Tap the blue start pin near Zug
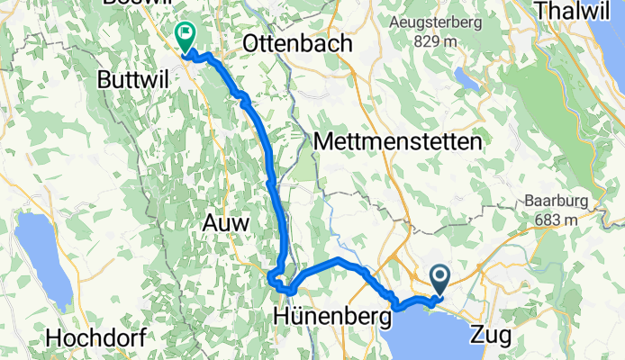pyautogui.click(x=440, y=279)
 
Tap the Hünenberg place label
pyautogui.click(x=332, y=317)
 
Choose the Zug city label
pyautogui.click(x=492, y=337)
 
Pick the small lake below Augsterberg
pyautogui.click(x=468, y=79)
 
